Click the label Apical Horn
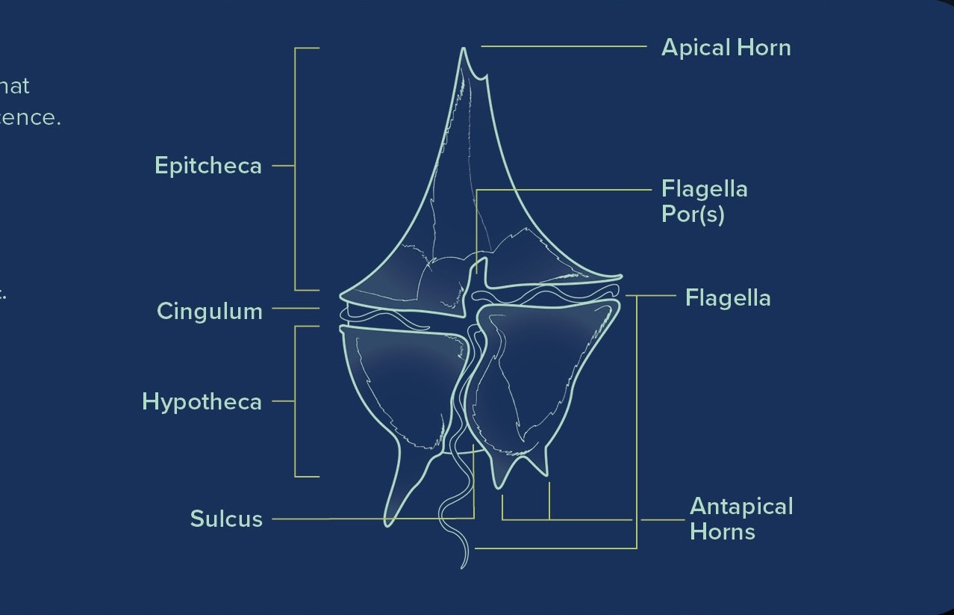[726, 48]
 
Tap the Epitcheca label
[208, 166]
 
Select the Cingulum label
[210, 311]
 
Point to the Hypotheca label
[202, 402]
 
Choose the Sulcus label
[226, 519]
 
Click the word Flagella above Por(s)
[704, 189]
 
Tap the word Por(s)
[693, 214]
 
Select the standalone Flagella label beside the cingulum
[728, 298]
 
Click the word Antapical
[741, 507]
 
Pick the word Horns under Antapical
[723, 532]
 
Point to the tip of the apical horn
[464, 50]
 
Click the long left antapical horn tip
[387, 522]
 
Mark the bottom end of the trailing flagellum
[463, 566]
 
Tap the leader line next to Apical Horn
[564, 46]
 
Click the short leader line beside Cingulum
[296, 308]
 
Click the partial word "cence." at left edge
[30, 118]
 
